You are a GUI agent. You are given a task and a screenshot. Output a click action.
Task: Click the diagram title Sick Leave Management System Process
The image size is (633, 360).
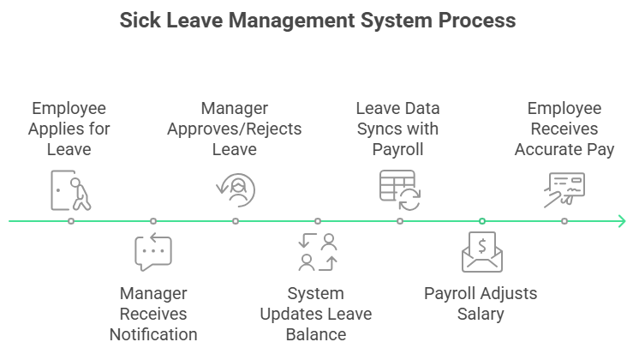(x=316, y=20)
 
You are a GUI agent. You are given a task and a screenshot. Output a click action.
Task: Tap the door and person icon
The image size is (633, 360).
(x=71, y=189)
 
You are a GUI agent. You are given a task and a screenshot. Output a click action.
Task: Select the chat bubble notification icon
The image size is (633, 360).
(x=153, y=252)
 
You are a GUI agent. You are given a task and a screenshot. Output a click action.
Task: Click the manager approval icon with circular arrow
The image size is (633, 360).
(x=236, y=189)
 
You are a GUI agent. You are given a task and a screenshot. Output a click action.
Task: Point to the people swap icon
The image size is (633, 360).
(x=317, y=252)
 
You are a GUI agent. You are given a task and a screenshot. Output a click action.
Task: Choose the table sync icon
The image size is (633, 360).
(x=399, y=189)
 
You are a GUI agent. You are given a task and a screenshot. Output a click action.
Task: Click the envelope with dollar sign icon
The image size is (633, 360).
(x=481, y=252)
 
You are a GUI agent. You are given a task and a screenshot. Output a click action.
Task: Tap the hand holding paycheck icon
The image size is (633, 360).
(x=564, y=189)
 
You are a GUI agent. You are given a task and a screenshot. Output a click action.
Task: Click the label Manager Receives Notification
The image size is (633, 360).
(x=153, y=314)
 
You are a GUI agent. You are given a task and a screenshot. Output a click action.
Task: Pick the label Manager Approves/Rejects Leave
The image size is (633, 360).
(x=235, y=129)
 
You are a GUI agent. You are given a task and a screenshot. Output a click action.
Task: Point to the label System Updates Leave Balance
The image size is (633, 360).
(x=316, y=314)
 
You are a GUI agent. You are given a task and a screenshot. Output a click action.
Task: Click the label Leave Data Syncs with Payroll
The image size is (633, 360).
(x=398, y=129)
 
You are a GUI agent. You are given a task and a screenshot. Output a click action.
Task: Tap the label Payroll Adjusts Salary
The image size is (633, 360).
(x=481, y=303)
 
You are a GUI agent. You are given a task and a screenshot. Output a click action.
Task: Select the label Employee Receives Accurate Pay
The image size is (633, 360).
(x=564, y=129)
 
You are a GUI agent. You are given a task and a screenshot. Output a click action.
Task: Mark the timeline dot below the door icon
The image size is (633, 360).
(x=71, y=221)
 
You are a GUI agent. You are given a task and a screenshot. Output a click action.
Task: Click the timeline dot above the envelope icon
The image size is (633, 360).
(x=482, y=221)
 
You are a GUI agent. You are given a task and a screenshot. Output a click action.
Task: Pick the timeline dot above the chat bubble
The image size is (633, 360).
(x=153, y=221)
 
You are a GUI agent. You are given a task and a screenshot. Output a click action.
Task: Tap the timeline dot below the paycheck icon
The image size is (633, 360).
(x=564, y=221)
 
